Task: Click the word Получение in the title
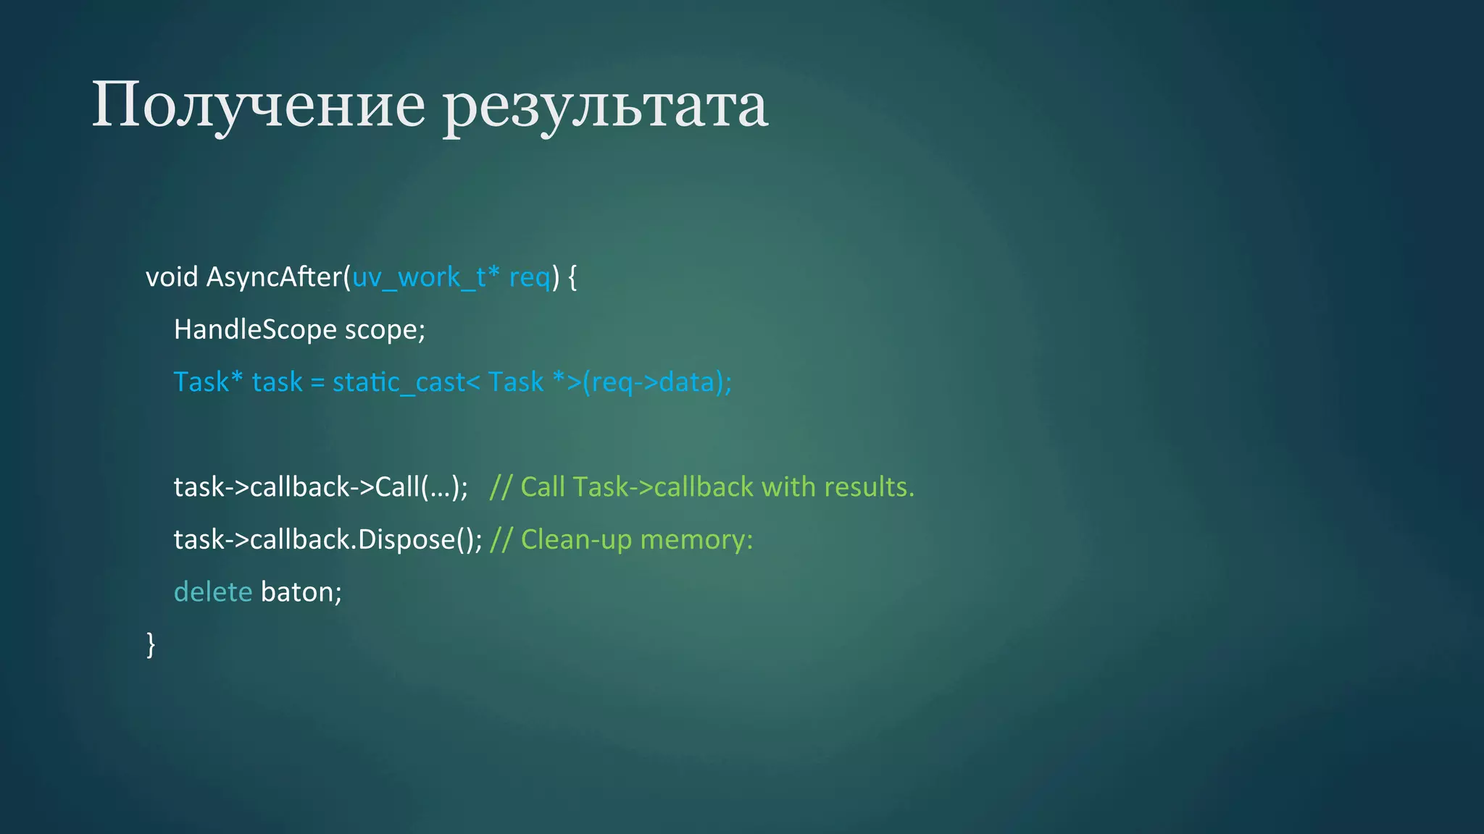tap(258, 106)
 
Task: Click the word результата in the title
tap(606, 106)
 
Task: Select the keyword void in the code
tap(172, 277)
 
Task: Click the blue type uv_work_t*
tap(426, 277)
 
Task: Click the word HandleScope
tap(255, 330)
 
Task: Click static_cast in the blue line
tap(398, 382)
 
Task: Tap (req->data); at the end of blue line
tap(657, 382)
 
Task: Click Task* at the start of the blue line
tap(208, 382)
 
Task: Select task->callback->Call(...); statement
tap(320, 487)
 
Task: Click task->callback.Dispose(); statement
tap(328, 540)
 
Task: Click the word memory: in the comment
tap(696, 540)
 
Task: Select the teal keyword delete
tap(213, 592)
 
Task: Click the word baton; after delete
tap(301, 592)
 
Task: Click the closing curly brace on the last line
tap(151, 644)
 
